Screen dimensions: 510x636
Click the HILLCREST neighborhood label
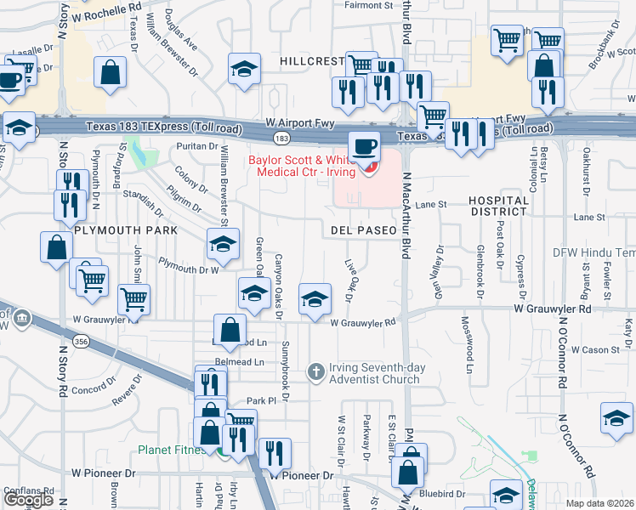pos(312,61)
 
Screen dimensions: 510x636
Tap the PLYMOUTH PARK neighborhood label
pos(125,230)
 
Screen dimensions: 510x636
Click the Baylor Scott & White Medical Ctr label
pos(310,166)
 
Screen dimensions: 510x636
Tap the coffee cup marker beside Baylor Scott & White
pos(363,146)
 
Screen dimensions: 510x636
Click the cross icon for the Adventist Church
pos(316,371)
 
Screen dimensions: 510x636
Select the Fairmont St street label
pos(368,5)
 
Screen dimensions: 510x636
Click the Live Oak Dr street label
pos(349,280)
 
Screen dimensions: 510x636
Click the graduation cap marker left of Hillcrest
pos(244,69)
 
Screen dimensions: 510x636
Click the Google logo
pos(28,500)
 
